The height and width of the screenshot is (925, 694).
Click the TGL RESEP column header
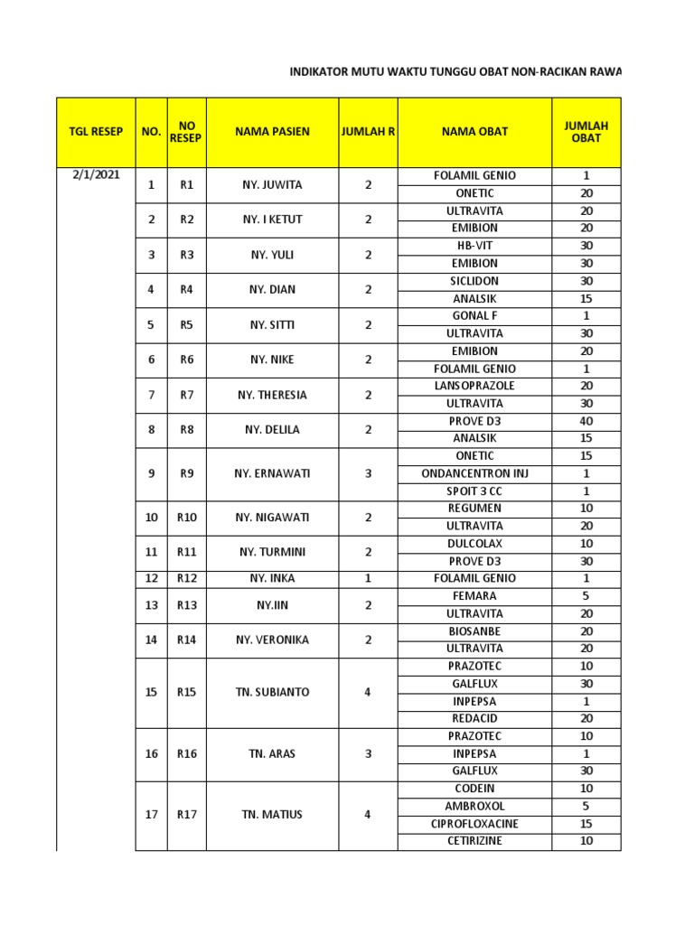(96, 132)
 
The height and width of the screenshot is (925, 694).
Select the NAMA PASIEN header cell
(272, 132)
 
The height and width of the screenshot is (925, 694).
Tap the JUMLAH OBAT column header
(586, 132)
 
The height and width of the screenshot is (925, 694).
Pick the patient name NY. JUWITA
(272, 184)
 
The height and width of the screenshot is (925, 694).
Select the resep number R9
(187, 473)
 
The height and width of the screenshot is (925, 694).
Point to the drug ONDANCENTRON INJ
(474, 473)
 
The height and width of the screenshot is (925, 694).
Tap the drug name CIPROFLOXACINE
(474, 824)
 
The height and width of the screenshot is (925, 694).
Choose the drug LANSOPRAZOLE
(474, 386)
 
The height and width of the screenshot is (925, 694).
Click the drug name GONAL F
(474, 316)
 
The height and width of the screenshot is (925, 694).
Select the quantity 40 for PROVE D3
(586, 421)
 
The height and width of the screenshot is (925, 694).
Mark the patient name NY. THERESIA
(272, 395)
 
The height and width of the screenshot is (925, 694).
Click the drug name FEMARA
(474, 596)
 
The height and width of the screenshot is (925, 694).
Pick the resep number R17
(187, 815)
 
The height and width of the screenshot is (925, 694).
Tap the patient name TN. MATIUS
(272, 815)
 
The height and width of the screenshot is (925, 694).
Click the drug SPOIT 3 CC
(474, 491)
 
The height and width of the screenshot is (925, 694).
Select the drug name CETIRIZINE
(474, 841)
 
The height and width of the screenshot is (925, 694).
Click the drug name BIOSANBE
(474, 631)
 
